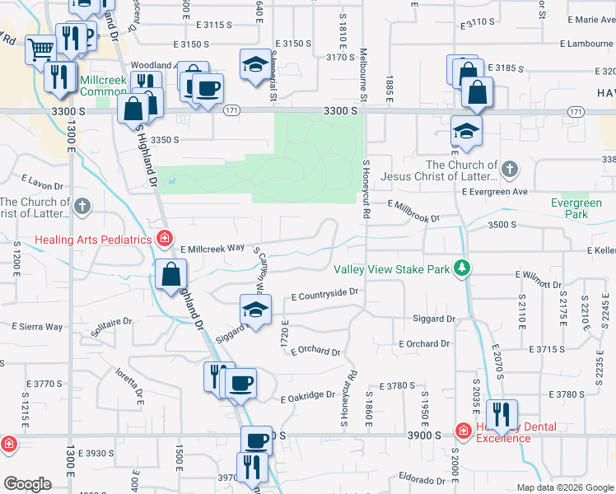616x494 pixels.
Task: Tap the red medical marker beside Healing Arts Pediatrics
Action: tap(165, 240)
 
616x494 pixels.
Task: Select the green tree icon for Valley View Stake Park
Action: tap(464, 268)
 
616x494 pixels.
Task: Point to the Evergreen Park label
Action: tap(576, 208)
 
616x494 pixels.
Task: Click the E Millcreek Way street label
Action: tap(212, 248)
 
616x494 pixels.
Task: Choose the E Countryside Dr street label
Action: tap(325, 292)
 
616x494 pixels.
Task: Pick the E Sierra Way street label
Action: tap(37, 327)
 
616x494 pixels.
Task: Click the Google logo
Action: tap(27, 484)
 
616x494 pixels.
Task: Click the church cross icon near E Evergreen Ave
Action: tap(509, 170)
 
